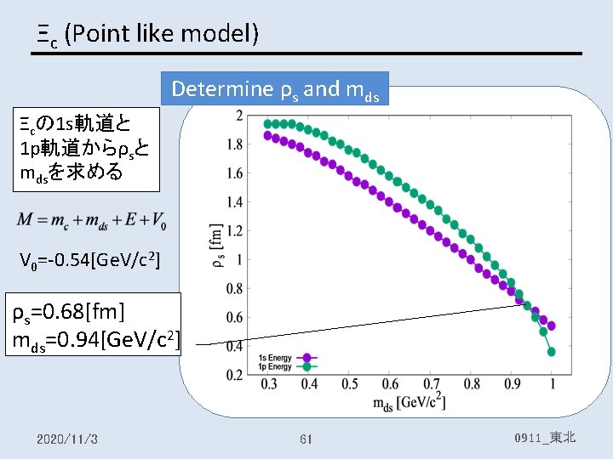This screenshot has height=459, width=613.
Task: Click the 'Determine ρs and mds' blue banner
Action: point(279,88)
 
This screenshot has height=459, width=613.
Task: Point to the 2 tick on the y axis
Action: point(239,116)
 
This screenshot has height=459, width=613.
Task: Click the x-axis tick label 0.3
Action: point(268,385)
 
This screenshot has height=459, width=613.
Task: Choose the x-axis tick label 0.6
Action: point(391,385)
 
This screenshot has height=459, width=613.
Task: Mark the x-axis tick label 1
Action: point(553,385)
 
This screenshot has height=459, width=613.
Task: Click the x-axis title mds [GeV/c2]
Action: point(409,402)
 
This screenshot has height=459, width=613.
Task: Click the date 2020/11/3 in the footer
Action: point(67,439)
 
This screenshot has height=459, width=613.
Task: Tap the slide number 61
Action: point(306,439)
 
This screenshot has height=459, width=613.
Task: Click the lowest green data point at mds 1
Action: point(552,351)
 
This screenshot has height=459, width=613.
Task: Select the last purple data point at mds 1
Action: point(552,326)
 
